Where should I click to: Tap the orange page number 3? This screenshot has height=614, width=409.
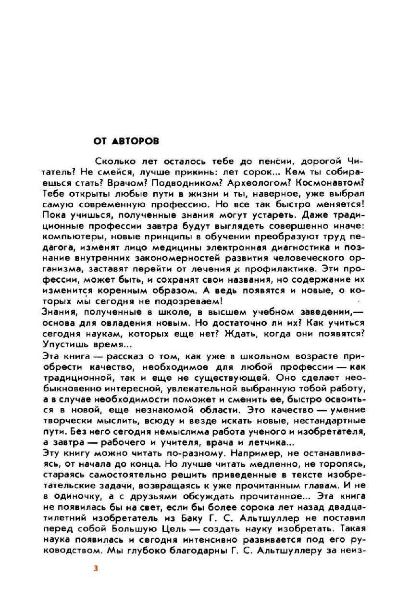point(96,568)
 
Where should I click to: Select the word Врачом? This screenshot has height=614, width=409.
point(125,183)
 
